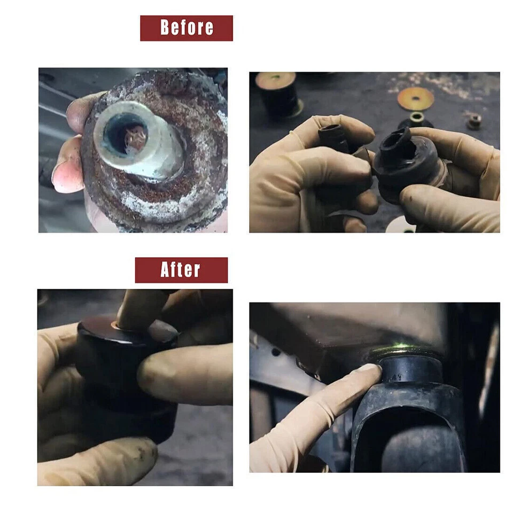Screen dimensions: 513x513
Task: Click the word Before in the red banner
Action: tap(186, 28)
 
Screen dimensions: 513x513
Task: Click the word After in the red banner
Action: tap(181, 270)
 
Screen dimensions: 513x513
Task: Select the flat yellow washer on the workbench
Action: tap(415, 98)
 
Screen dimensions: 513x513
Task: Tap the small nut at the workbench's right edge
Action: tap(473, 121)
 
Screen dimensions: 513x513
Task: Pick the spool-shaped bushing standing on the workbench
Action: tap(278, 94)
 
